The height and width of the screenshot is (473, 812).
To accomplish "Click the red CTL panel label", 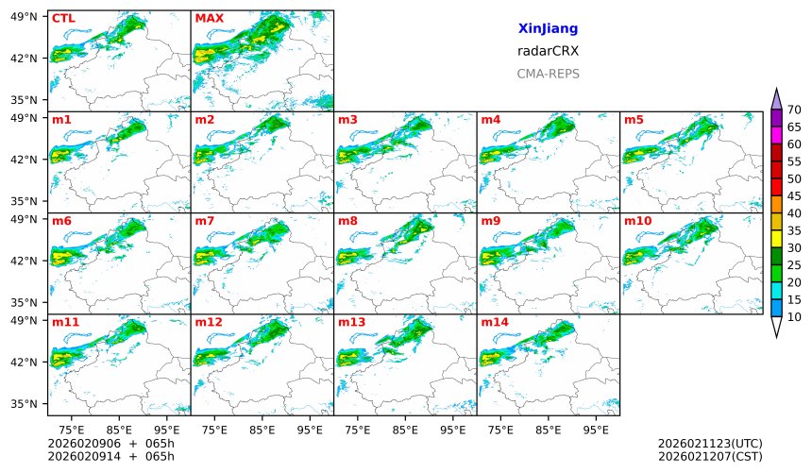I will [x=63, y=18].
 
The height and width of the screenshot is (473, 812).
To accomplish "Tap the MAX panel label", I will [x=209, y=18].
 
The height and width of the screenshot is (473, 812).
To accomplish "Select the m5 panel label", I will [x=634, y=120].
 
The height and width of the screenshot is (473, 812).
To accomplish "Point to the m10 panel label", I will [x=637, y=221].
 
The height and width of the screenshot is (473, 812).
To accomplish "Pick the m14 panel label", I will [x=494, y=322].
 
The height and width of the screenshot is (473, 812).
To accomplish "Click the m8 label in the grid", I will [x=347, y=221].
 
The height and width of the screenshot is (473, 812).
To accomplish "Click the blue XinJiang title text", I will [x=548, y=29].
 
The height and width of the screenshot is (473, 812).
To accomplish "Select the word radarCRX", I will [x=548, y=51].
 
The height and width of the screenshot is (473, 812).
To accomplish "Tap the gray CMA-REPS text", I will [x=548, y=73].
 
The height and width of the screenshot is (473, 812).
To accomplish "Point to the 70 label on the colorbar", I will [x=794, y=110].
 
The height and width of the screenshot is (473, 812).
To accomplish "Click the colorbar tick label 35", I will [x=794, y=230].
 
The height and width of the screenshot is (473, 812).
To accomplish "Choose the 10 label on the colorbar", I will [x=794, y=316].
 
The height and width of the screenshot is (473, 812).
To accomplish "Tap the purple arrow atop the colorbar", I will [x=776, y=98].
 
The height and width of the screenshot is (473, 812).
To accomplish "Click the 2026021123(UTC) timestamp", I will [x=709, y=443].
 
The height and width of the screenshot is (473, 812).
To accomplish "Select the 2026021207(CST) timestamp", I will [x=709, y=456].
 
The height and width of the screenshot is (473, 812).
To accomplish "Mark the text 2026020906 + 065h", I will [x=111, y=443].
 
